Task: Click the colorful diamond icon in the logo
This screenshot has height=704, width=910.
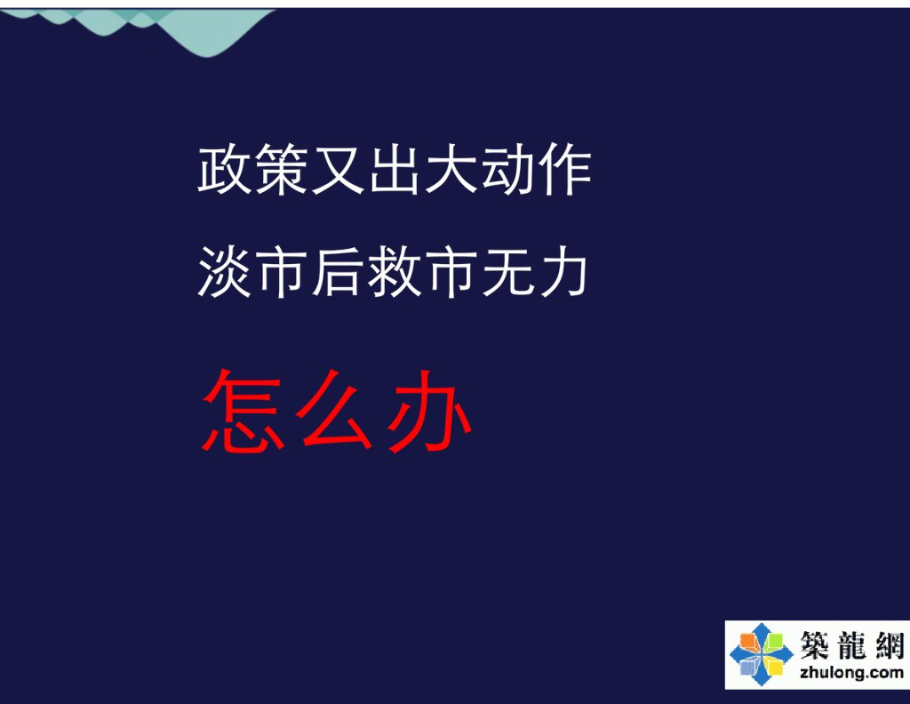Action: [x=762, y=654]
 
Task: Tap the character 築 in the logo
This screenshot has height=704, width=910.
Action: [x=813, y=644]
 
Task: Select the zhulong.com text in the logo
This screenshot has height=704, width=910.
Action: [x=850, y=672]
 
